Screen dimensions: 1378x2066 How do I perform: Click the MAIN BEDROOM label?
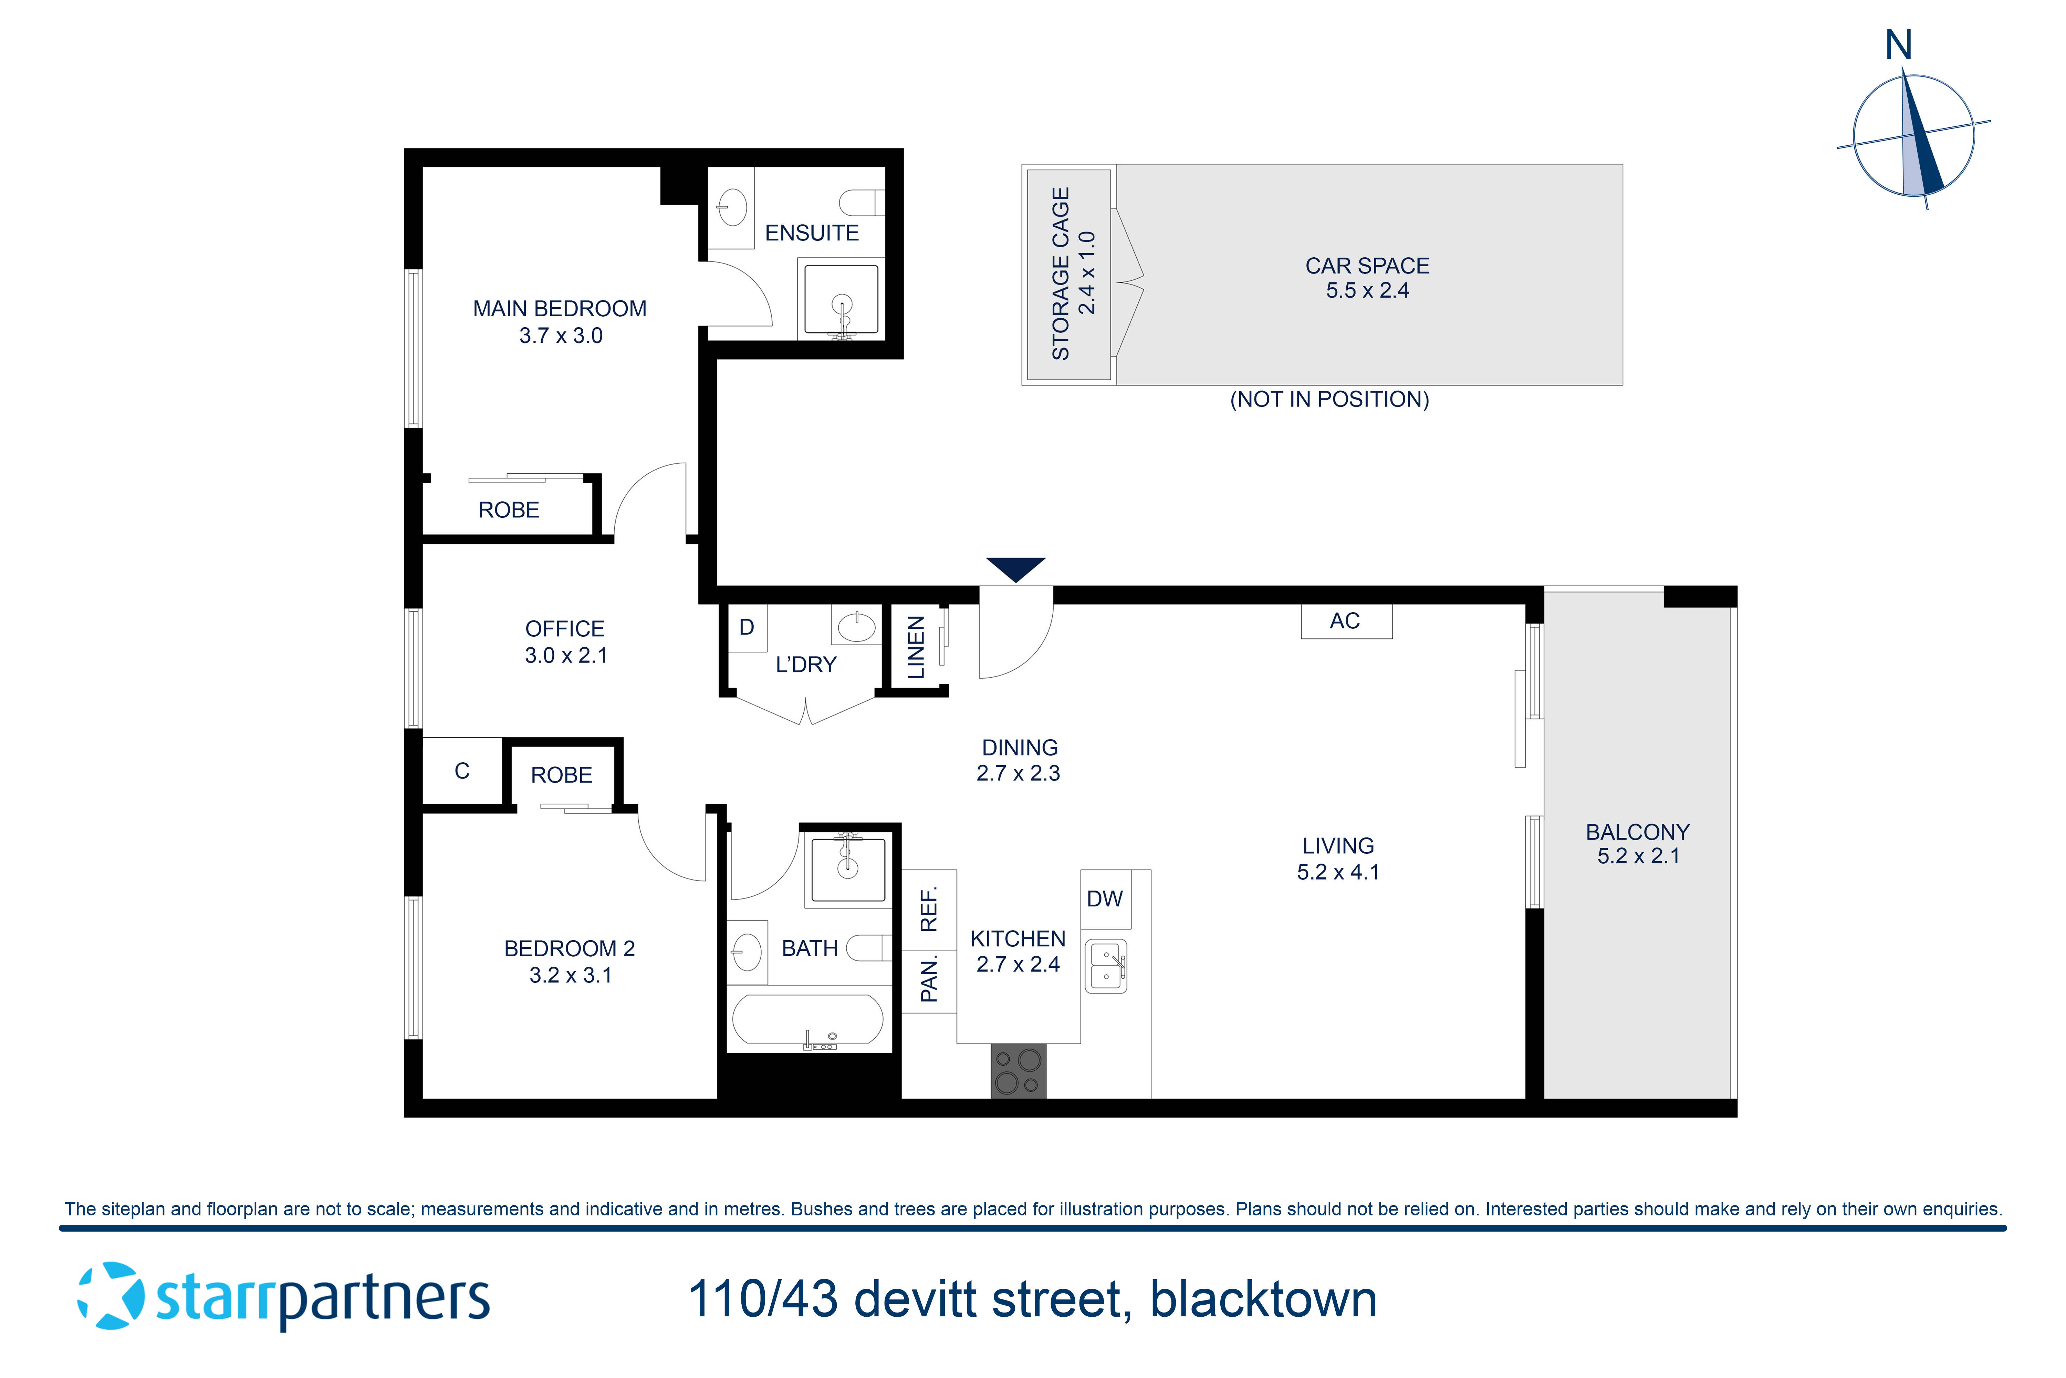pyautogui.click(x=560, y=309)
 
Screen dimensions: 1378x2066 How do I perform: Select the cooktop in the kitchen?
pyautogui.click(x=1018, y=1070)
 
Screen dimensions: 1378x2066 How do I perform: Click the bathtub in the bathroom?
pyautogui.click(x=807, y=1019)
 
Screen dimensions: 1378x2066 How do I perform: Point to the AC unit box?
pyautogui.click(x=1346, y=621)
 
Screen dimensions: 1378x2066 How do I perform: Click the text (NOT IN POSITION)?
pyautogui.click(x=1329, y=400)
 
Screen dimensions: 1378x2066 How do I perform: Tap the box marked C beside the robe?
pyautogui.click(x=462, y=771)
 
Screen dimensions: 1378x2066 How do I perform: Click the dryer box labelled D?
pyautogui.click(x=747, y=627)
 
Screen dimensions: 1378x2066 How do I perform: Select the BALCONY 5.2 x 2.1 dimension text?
pyautogui.click(x=1638, y=856)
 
